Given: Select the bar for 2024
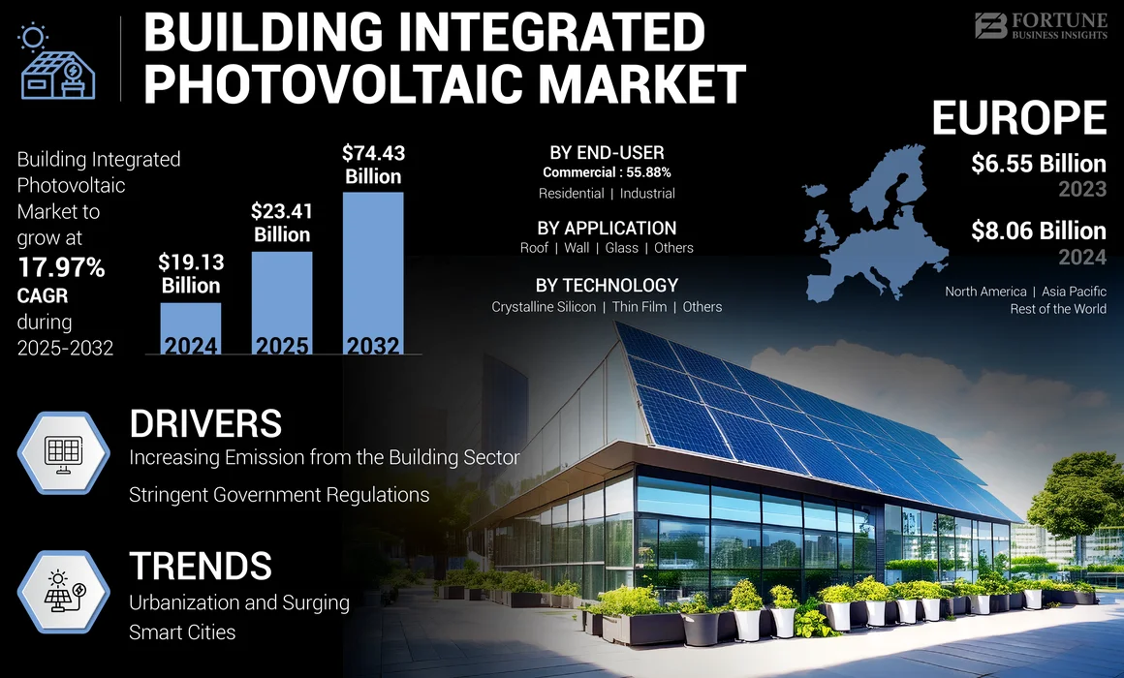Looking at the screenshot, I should (191, 329).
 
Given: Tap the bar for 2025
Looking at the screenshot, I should (282, 303).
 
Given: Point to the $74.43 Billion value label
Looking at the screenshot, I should (373, 165).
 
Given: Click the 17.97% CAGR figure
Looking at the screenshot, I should (61, 267).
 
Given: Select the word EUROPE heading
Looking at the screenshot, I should (1018, 118).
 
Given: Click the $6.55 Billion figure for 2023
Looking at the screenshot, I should (1038, 164).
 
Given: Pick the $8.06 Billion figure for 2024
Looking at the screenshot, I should (1038, 231).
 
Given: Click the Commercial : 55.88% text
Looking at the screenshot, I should (607, 172).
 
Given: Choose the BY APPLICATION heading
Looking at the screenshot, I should (607, 228).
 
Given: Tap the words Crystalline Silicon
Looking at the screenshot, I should (544, 306).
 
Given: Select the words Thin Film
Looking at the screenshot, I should (640, 306).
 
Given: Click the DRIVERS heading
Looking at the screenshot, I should (205, 423).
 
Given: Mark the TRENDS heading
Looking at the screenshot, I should (201, 566).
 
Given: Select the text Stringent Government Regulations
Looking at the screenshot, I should (279, 495).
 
